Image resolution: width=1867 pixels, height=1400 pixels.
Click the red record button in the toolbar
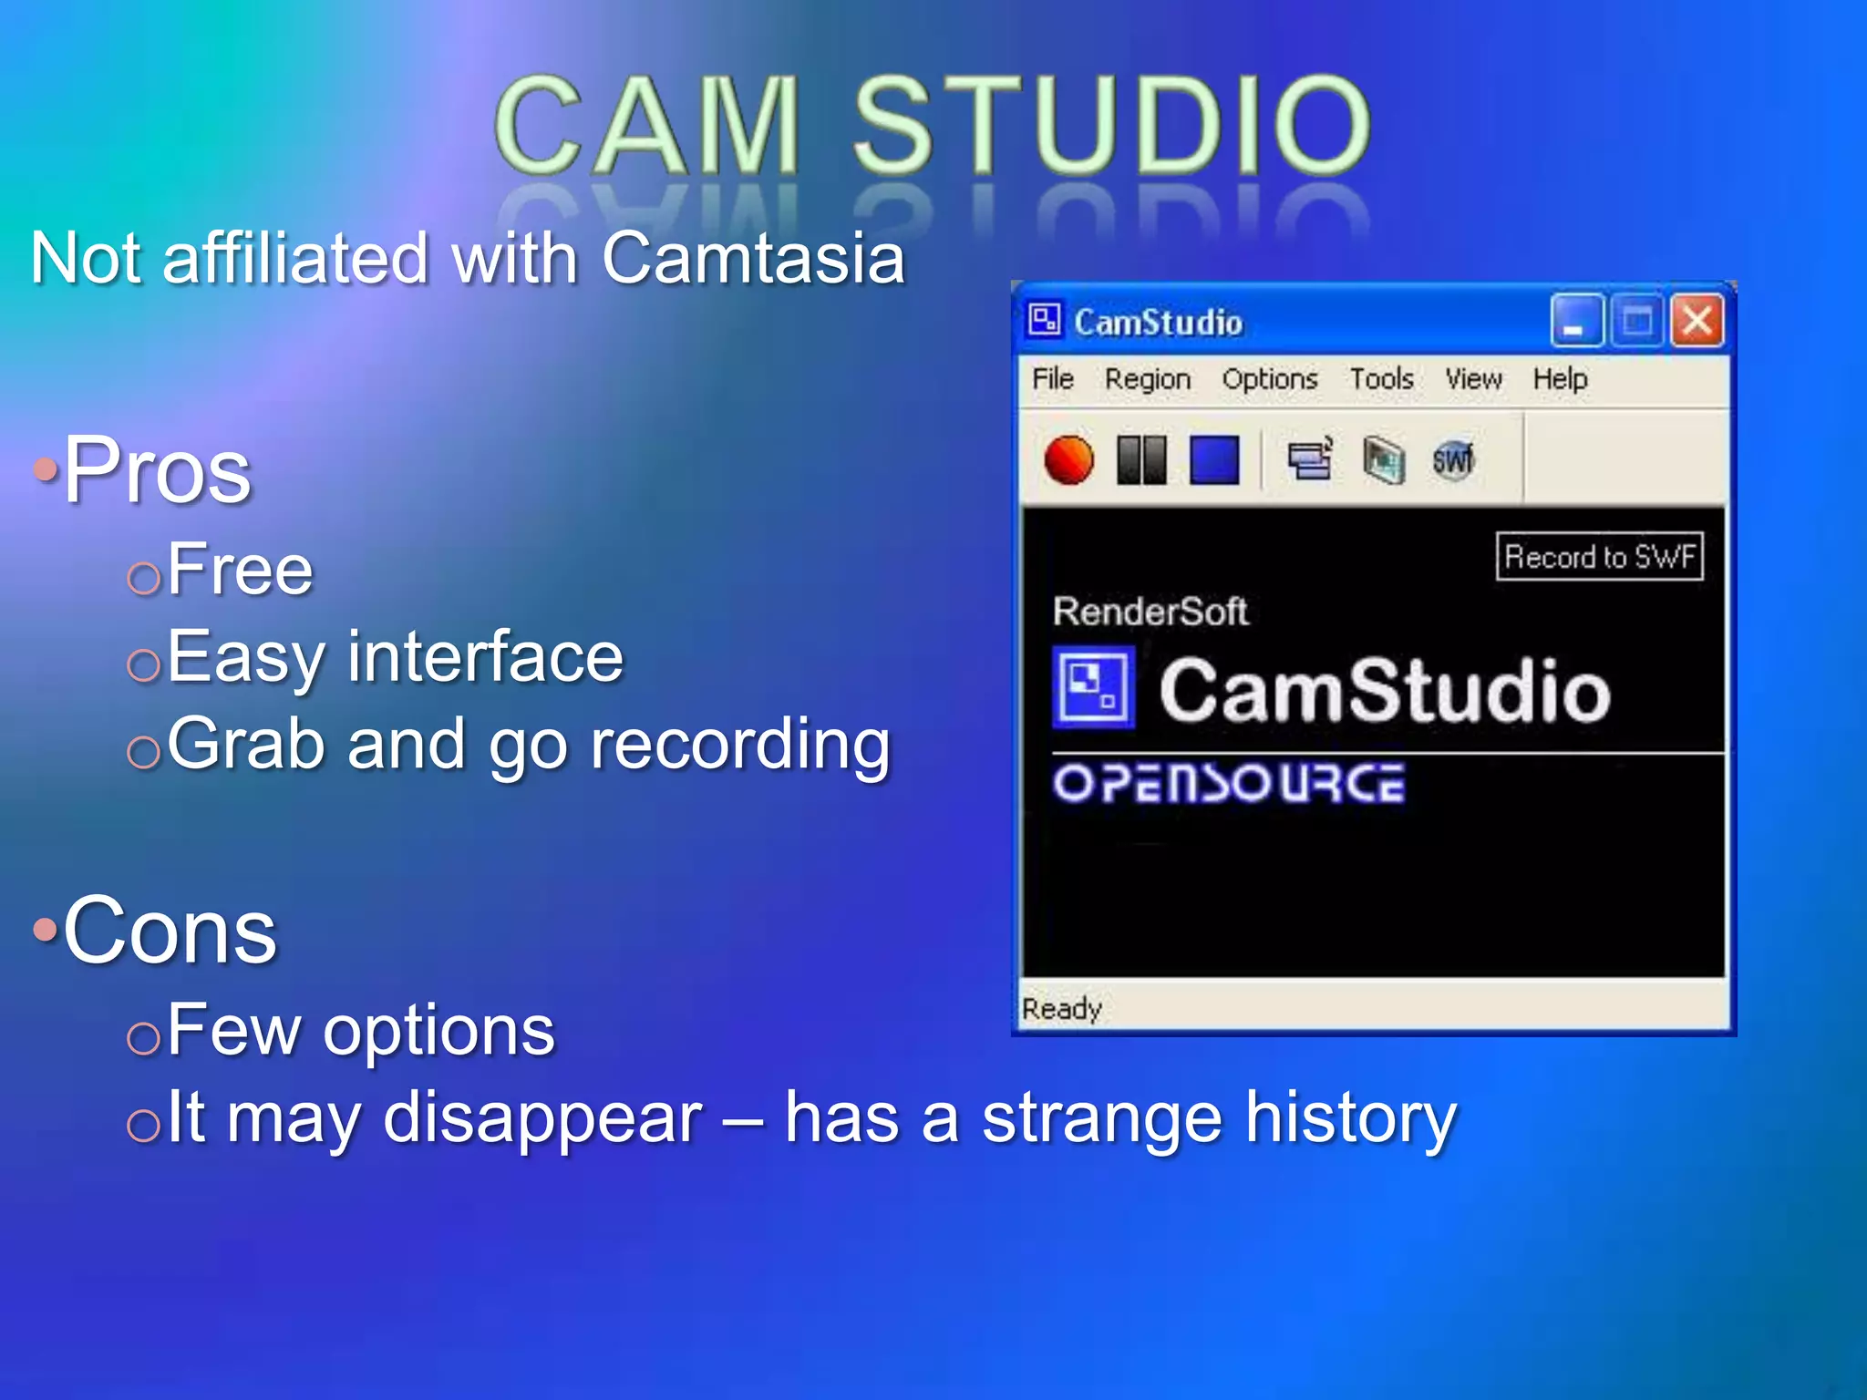(1068, 459)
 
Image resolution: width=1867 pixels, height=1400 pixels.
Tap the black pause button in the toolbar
(1141, 459)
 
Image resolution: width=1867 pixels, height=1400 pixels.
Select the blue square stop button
(1214, 459)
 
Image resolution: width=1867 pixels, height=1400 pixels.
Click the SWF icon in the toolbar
(1452, 459)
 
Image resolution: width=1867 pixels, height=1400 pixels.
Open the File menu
(1053, 378)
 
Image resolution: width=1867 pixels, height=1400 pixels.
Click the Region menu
(1148, 378)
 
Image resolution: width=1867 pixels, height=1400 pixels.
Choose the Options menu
(1270, 378)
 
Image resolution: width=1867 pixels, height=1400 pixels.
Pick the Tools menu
(1381, 378)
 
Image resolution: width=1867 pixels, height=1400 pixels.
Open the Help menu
(1560, 378)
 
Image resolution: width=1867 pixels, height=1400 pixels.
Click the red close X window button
(1697, 321)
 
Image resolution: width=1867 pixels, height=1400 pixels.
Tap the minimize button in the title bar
(1576, 321)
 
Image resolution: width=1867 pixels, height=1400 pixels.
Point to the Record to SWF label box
(1600, 556)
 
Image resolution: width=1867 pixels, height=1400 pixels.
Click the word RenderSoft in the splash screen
(1150, 612)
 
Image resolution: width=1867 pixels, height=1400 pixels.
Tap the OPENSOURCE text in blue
(1228, 784)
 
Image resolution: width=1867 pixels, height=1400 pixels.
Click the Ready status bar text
(1062, 1008)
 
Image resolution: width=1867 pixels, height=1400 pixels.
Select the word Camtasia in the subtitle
(753, 258)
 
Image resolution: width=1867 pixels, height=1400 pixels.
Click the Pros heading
(157, 470)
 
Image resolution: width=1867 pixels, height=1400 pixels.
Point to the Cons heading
(170, 931)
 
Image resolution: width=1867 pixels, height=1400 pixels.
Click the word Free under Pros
(240, 570)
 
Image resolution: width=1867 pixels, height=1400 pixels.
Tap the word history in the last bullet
(1352, 1118)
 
